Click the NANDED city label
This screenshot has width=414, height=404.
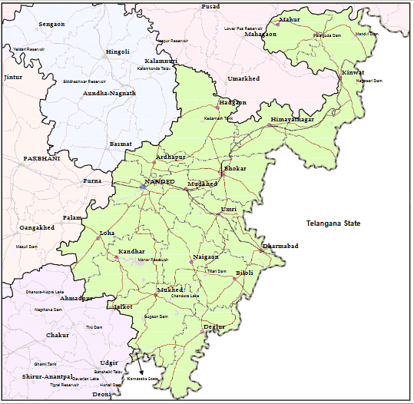click(x=160, y=182)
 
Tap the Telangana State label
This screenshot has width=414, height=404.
click(x=333, y=224)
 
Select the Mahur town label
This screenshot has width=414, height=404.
click(x=290, y=19)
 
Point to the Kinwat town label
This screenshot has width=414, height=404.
click(x=353, y=73)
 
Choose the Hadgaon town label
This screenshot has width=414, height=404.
click(x=233, y=102)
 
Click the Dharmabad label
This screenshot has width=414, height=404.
click(x=280, y=246)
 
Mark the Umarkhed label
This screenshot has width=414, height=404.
click(x=243, y=78)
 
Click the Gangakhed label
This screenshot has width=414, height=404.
click(x=37, y=228)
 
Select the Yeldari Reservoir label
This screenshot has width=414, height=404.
click(x=29, y=49)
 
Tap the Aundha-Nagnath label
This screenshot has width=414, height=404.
click(x=109, y=93)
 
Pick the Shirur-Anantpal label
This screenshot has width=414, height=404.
click(x=47, y=376)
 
